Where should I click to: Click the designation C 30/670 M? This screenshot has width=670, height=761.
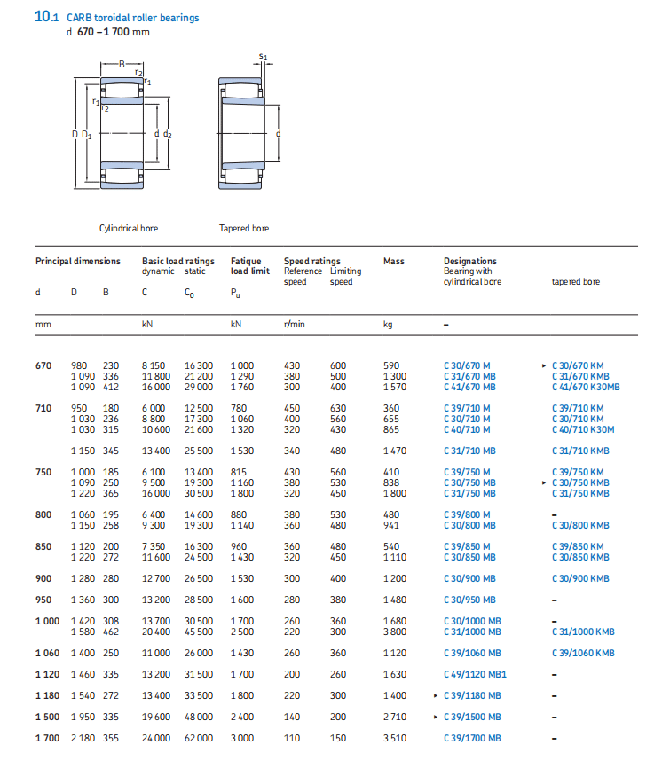(x=466, y=365)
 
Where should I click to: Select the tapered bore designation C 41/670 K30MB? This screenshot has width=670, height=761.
(x=586, y=387)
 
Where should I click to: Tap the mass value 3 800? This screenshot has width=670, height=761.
(x=395, y=632)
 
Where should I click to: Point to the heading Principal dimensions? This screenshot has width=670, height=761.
(x=77, y=261)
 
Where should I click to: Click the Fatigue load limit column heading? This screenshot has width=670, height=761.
(x=249, y=266)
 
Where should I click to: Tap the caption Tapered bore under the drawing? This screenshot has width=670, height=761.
(x=244, y=228)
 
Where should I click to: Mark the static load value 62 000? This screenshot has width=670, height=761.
(x=198, y=738)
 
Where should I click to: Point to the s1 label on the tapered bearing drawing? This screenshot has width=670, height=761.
(x=263, y=57)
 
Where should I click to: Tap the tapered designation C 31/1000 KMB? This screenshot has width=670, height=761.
(x=583, y=632)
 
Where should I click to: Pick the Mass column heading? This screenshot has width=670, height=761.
(x=393, y=261)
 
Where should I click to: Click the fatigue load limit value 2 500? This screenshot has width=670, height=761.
(x=241, y=632)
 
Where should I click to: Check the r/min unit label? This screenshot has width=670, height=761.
(x=294, y=325)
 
